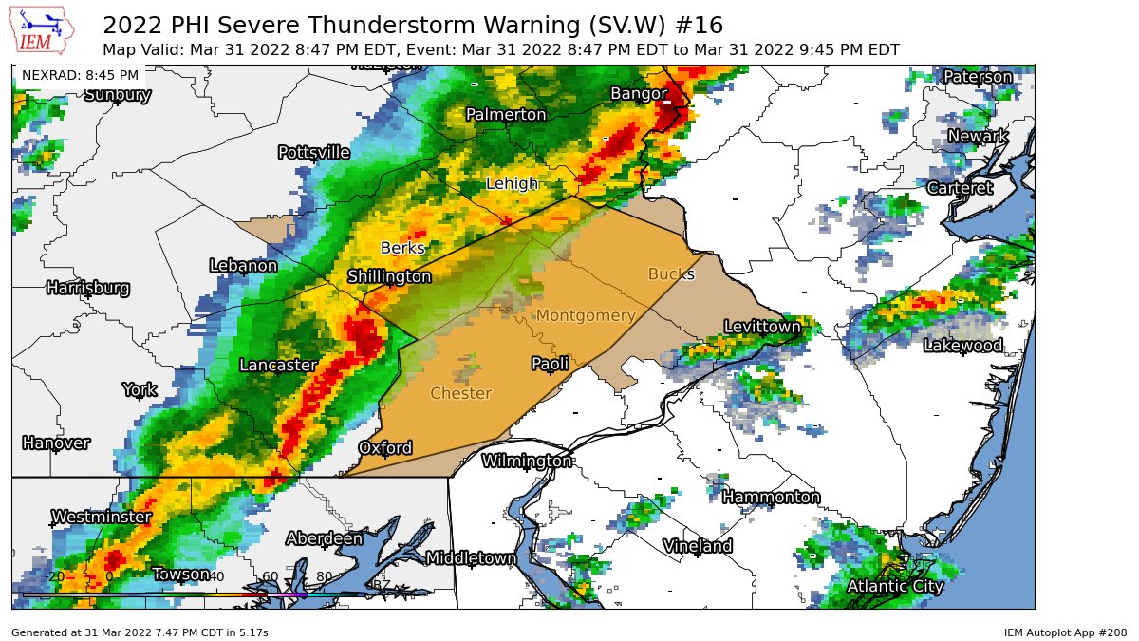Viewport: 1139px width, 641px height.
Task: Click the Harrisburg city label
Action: click(87, 288)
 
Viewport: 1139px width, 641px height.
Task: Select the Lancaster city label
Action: click(277, 365)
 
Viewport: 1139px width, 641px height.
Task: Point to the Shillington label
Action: click(389, 277)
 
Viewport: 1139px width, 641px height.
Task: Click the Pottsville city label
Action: click(313, 153)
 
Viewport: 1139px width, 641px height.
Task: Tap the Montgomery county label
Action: click(586, 315)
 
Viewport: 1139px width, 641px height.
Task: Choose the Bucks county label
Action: click(671, 274)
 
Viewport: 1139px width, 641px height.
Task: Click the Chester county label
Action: click(460, 393)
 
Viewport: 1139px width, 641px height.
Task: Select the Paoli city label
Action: click(550, 364)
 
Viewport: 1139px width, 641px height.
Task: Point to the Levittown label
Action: click(762, 327)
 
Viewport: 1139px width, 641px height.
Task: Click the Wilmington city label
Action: click(527, 462)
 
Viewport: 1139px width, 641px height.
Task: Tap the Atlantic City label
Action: click(895, 587)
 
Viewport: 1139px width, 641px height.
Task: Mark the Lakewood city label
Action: click(962, 346)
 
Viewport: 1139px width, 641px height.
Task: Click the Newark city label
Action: click(978, 137)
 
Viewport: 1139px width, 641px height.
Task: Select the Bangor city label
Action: click(639, 93)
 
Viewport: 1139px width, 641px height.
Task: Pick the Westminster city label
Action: click(101, 518)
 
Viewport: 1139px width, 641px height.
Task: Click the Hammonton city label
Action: click(771, 498)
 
